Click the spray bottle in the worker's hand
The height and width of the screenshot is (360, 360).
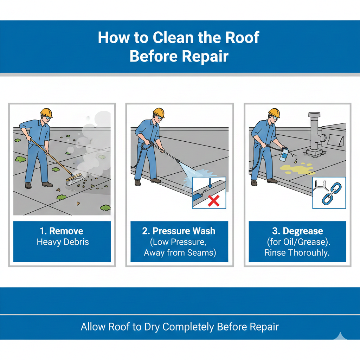(283, 154)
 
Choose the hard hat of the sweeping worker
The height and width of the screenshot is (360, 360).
(46, 113)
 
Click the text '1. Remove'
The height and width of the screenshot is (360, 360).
(62, 231)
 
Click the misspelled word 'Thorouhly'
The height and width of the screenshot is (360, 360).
(309, 253)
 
